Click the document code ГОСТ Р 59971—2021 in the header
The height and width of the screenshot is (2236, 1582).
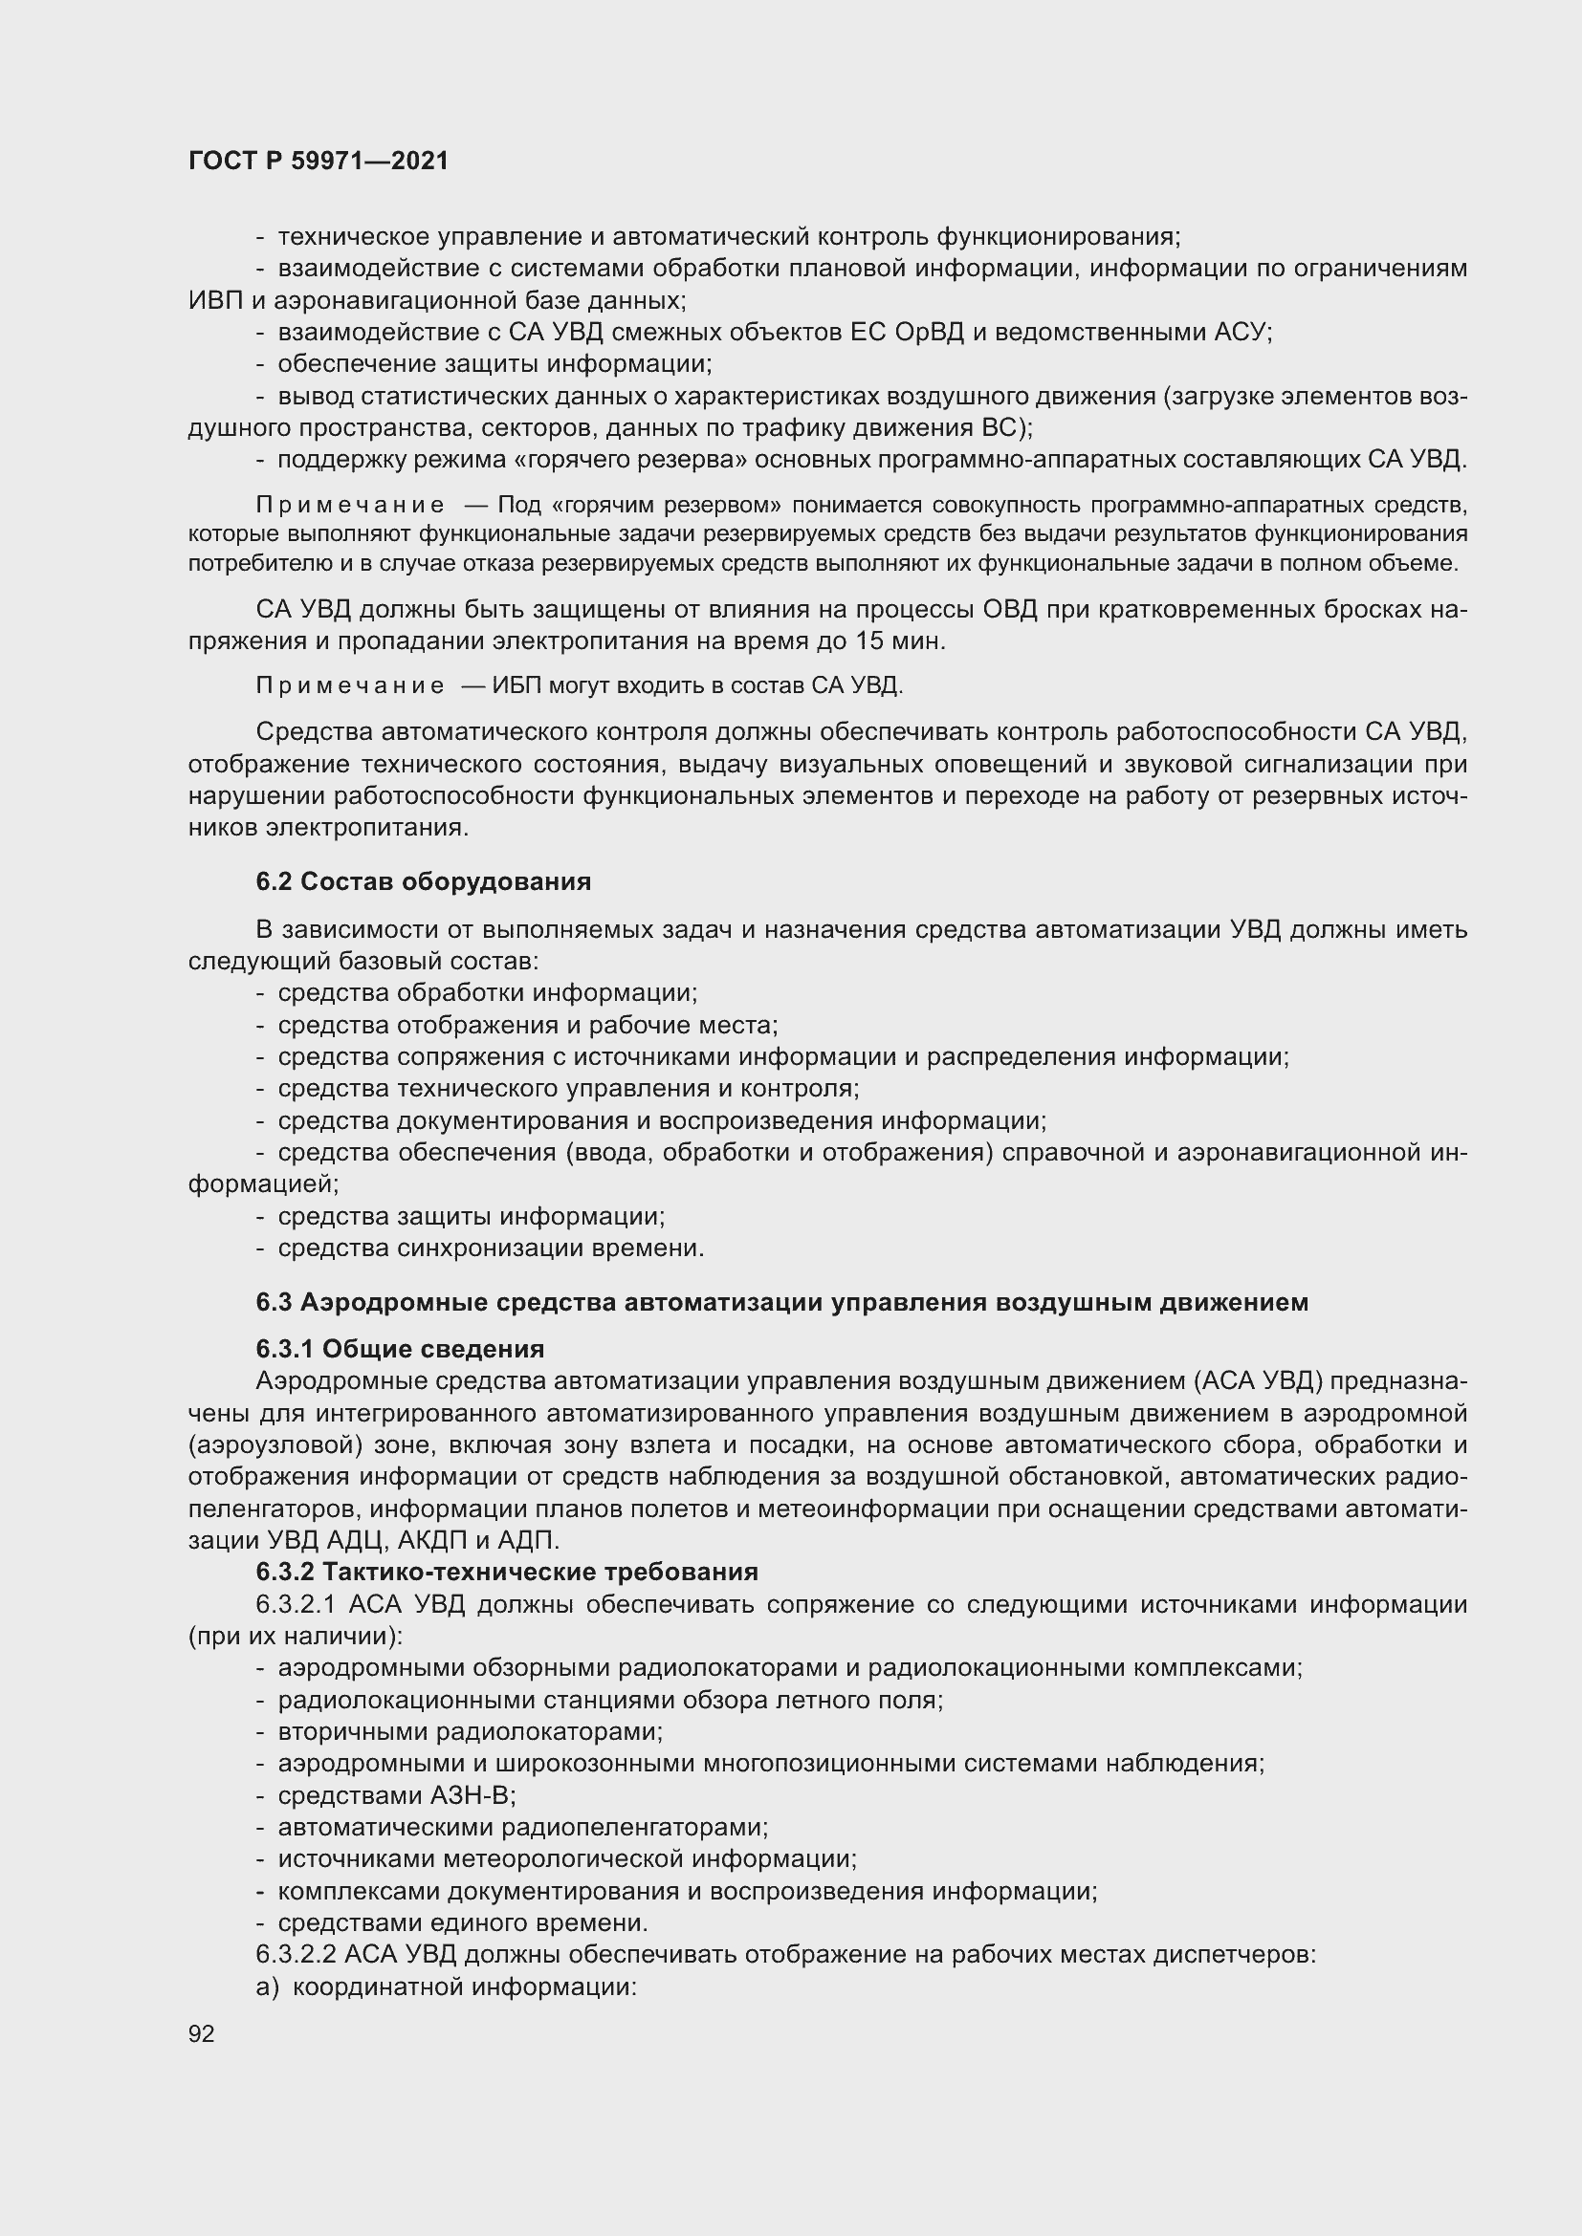(x=319, y=162)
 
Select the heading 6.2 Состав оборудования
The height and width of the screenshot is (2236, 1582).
(x=424, y=882)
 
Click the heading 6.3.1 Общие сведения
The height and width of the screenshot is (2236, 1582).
(x=401, y=1350)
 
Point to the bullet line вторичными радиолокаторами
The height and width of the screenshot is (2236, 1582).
(x=470, y=1732)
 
